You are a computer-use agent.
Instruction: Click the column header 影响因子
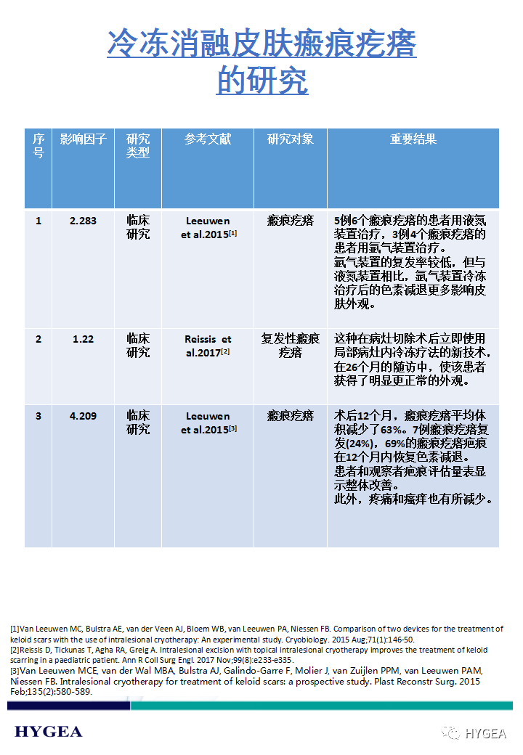click(83, 139)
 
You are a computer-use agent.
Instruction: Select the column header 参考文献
click(208, 139)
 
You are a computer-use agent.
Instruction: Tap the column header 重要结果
click(413, 139)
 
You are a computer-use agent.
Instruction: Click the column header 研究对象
click(290, 139)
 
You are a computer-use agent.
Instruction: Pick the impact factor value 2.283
click(83, 221)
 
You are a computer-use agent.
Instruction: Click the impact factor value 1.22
click(83, 339)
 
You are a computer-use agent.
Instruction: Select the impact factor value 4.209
click(83, 416)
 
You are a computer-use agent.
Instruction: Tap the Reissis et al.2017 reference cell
click(208, 346)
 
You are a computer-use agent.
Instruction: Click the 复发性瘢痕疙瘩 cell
click(290, 346)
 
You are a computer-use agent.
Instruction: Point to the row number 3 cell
click(38, 416)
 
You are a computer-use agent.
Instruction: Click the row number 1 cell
click(38, 221)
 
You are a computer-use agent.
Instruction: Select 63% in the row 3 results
click(392, 430)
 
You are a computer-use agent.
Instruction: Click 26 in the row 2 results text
click(352, 367)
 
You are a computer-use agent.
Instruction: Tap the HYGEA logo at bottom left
click(49, 731)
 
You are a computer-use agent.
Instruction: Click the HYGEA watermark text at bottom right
click(485, 733)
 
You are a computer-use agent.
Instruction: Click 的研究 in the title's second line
click(261, 81)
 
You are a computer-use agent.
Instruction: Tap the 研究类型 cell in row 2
click(138, 346)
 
